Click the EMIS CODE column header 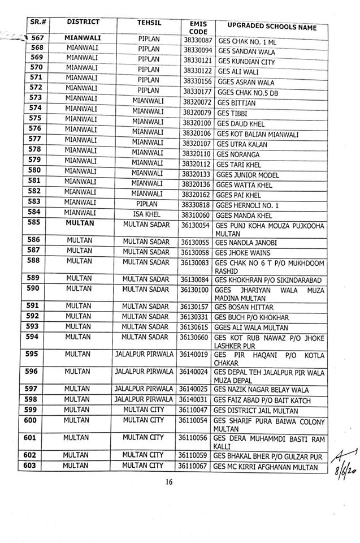(195, 27)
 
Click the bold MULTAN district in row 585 (79, 223)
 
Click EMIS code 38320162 (197, 193)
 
